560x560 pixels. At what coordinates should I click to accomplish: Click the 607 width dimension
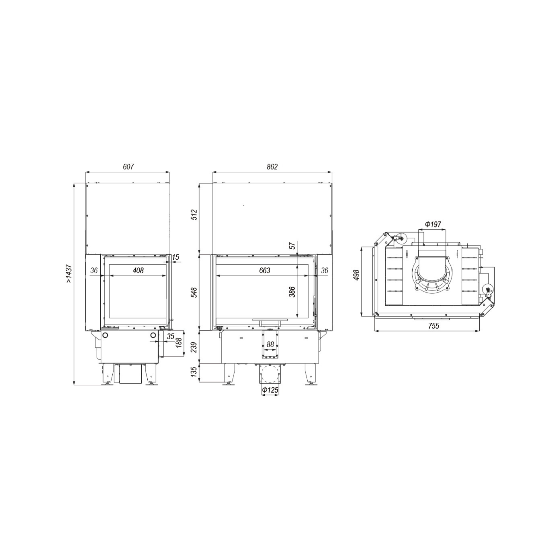click(129, 167)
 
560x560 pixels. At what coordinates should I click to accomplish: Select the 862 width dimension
click(272, 167)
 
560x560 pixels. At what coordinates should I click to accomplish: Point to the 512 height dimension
click(194, 214)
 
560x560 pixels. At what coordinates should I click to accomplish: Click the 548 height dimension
click(194, 292)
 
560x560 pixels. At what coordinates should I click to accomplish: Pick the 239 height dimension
click(194, 347)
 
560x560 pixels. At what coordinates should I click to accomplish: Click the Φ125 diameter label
click(270, 390)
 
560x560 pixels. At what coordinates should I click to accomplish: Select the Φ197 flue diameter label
click(433, 224)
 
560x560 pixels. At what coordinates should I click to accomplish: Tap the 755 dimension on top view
click(434, 325)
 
